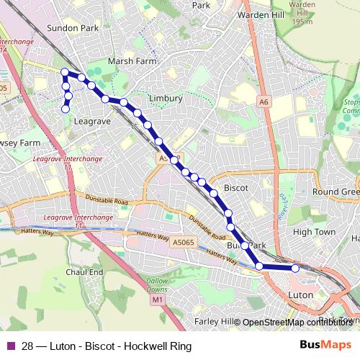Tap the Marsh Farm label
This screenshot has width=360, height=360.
[x=132, y=62]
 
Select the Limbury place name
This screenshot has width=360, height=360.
[x=164, y=98]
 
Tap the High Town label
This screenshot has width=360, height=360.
[x=315, y=232]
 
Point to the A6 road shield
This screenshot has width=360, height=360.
[x=264, y=103]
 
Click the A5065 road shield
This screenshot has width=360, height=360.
[x=184, y=243]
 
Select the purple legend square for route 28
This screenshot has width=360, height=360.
[x=11, y=346]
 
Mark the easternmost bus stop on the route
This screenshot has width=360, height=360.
[x=295, y=268]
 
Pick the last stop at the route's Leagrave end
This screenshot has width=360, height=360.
[x=66, y=109]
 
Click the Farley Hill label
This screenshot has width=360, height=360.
[x=215, y=321]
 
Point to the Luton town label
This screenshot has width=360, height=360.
[x=299, y=295]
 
